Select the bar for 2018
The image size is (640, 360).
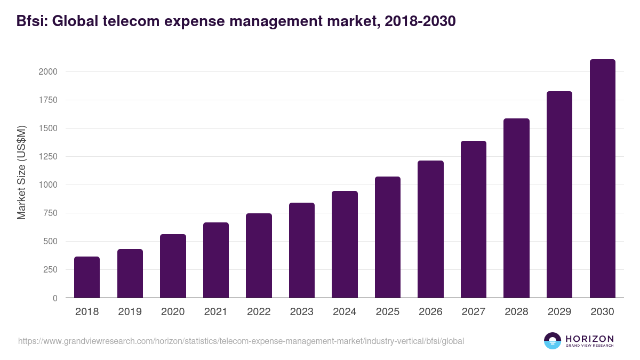coord(87,277)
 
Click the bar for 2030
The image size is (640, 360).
coord(602,179)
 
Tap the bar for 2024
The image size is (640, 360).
coord(345,244)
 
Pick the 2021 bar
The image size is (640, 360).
coord(216,260)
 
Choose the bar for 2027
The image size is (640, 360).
coord(474,219)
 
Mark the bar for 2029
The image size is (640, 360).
coord(559,195)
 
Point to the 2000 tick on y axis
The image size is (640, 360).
coord(49,72)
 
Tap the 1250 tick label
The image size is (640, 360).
coord(49,157)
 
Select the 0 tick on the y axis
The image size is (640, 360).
coord(54,298)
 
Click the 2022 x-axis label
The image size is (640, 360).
coord(259,312)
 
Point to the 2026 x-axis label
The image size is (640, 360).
coord(430,312)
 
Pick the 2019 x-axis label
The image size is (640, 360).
coord(130,312)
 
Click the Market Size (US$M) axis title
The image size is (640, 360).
coord(21,172)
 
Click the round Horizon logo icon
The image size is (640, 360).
coord(553,341)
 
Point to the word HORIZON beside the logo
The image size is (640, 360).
coord(589,339)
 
